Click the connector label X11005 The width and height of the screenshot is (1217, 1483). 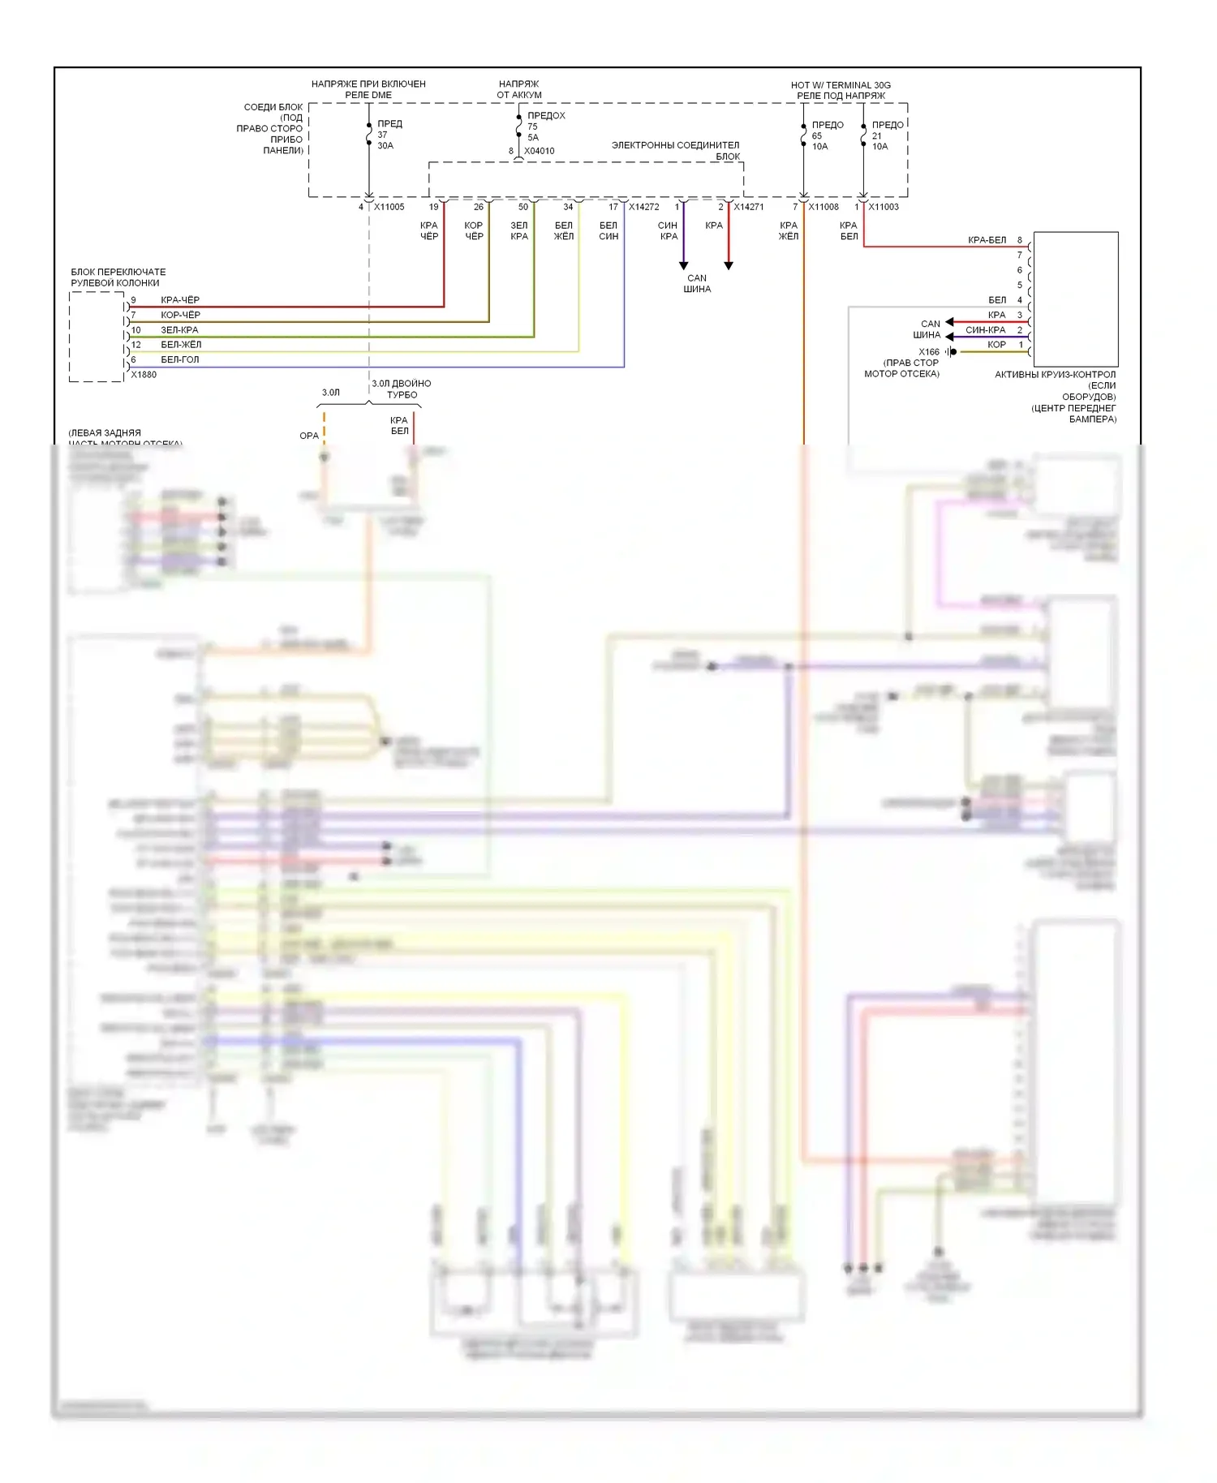click(389, 207)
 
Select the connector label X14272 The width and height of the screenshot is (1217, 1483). click(643, 207)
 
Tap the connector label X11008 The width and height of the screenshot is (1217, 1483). click(824, 207)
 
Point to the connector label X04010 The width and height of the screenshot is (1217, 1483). click(540, 151)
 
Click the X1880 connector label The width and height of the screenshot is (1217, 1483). click(144, 375)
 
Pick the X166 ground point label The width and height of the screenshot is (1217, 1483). click(929, 352)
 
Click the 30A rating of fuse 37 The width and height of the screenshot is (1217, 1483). click(385, 146)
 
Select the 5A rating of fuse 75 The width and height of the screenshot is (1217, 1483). click(533, 138)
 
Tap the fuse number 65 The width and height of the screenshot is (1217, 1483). click(817, 136)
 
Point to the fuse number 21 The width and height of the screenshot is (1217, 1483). click(877, 136)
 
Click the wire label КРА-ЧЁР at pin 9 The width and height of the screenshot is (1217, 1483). click(180, 300)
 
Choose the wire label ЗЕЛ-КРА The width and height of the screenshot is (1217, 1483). click(179, 330)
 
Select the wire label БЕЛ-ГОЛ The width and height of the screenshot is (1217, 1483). click(179, 359)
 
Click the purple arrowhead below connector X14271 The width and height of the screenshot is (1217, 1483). click(683, 265)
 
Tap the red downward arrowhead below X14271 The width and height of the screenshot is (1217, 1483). click(729, 265)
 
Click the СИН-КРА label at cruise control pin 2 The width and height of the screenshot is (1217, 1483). click(985, 330)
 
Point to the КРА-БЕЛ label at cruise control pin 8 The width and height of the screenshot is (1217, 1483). click(987, 240)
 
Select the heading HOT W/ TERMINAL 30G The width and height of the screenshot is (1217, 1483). click(841, 85)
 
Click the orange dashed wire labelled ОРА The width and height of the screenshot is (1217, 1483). click(325, 428)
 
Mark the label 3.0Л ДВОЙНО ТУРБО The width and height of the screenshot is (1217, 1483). click(402, 389)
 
